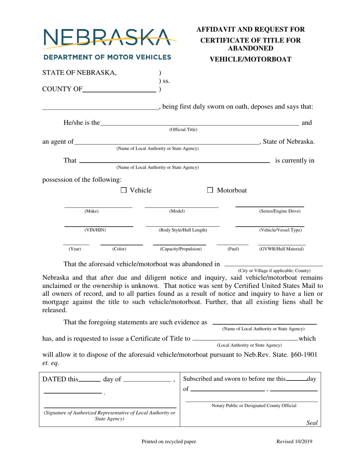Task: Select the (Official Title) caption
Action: coord(183,130)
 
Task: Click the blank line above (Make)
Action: coord(98,207)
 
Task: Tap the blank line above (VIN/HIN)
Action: coord(98,226)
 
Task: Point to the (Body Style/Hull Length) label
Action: coord(183,230)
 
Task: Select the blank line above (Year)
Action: coord(76,244)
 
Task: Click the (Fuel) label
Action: coord(233,249)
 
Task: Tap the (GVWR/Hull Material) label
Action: coord(281,249)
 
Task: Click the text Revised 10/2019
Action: coord(295,441)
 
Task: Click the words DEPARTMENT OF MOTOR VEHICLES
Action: coord(107,58)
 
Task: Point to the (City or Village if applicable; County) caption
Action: coord(274,270)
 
